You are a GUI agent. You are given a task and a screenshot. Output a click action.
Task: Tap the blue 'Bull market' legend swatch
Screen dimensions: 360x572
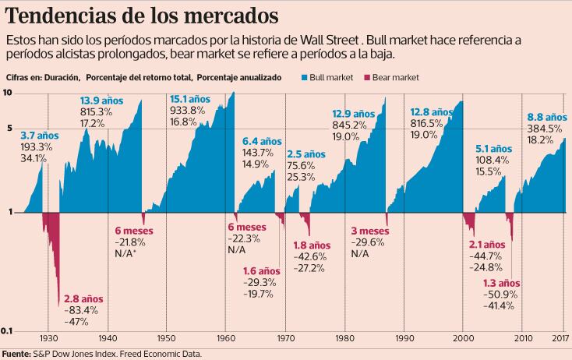[304, 77]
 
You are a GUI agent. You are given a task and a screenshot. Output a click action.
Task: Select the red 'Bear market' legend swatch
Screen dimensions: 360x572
[367, 77]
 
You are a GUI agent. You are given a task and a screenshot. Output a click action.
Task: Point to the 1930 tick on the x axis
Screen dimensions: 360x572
[48, 338]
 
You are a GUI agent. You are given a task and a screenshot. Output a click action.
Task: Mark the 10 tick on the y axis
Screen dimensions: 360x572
[8, 94]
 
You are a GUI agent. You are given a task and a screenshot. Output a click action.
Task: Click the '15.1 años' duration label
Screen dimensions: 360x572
[189, 99]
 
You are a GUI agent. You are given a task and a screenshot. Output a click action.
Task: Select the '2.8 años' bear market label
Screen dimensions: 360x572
[83, 298]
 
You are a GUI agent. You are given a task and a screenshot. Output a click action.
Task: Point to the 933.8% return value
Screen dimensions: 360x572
[187, 111]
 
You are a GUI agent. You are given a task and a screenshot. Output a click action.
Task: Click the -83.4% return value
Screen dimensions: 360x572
[80, 310]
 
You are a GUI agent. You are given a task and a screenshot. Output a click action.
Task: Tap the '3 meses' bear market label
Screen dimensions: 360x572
[370, 231]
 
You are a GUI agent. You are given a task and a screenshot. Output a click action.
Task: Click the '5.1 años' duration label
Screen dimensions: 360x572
[494, 147]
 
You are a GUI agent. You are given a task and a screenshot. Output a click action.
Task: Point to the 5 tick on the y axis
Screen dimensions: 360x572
[9, 129]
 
